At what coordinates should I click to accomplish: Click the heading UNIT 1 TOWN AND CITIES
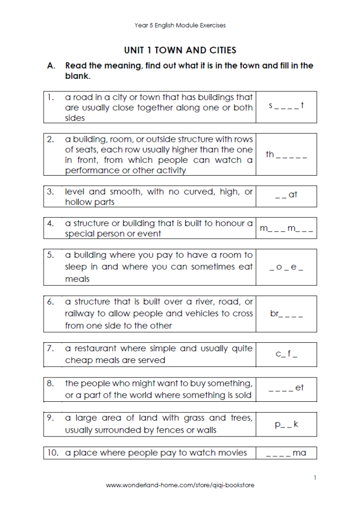(180, 50)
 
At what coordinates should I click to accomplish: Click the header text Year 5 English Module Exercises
(180, 25)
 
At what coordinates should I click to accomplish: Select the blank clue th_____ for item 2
(286, 155)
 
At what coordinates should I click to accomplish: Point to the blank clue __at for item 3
(286, 195)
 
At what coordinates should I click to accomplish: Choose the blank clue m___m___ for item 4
(286, 229)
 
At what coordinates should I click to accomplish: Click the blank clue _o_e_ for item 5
(286, 267)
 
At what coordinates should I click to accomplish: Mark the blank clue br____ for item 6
(286, 314)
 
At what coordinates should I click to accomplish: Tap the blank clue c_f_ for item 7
(286, 354)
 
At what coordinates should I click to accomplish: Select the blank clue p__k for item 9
(286, 424)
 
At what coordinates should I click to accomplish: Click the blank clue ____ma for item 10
(286, 453)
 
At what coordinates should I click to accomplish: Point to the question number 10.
(53, 452)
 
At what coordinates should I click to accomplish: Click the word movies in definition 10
(232, 452)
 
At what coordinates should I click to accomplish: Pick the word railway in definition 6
(79, 314)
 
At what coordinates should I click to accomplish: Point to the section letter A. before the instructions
(51, 65)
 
